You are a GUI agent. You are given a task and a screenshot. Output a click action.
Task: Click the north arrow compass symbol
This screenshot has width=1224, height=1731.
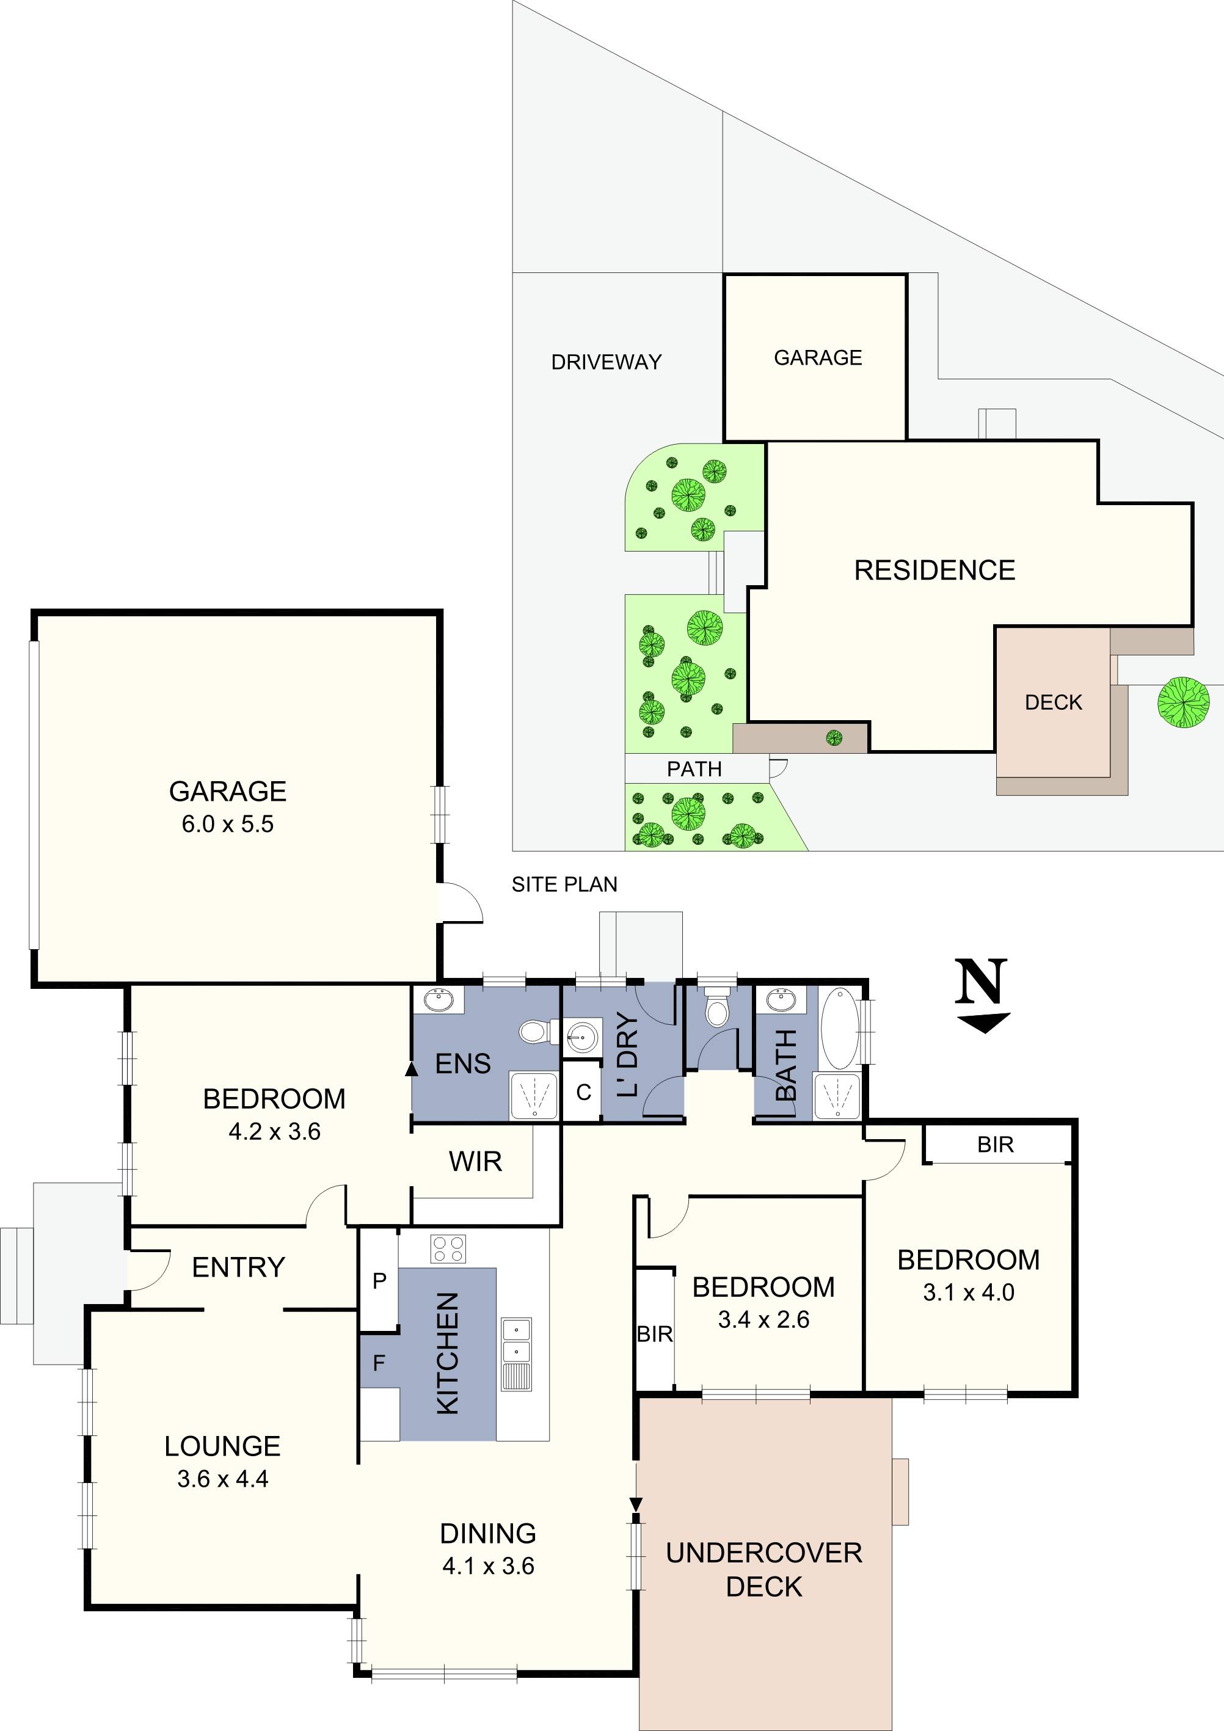point(982,994)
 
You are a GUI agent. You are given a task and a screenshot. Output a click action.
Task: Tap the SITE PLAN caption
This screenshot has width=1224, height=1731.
point(564,884)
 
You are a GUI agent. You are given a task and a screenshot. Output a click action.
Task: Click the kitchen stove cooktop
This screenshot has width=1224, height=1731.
point(448,1248)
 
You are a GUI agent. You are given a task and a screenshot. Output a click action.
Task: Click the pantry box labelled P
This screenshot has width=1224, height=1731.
point(379,1280)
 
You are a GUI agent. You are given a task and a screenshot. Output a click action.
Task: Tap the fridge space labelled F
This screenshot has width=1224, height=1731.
point(379,1361)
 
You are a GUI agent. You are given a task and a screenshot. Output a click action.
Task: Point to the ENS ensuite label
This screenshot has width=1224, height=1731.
point(463,1064)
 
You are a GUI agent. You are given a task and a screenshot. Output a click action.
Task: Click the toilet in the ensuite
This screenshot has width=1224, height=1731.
point(534,1032)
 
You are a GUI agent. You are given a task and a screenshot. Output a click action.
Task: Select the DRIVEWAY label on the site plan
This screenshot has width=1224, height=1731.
point(606,362)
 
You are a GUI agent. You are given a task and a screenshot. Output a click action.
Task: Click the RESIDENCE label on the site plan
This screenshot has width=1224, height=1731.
point(934,570)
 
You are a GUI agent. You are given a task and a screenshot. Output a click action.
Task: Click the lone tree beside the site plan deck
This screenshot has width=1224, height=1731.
point(1182,702)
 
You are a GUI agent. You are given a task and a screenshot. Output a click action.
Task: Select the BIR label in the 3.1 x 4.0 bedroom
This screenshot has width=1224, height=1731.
point(995,1145)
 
